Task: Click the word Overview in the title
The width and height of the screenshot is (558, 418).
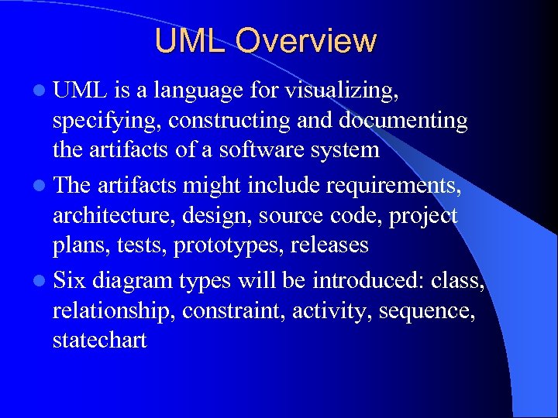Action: pos(306,41)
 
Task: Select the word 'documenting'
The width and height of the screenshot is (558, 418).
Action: pos(413,122)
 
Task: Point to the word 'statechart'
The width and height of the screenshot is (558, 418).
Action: pos(99,339)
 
